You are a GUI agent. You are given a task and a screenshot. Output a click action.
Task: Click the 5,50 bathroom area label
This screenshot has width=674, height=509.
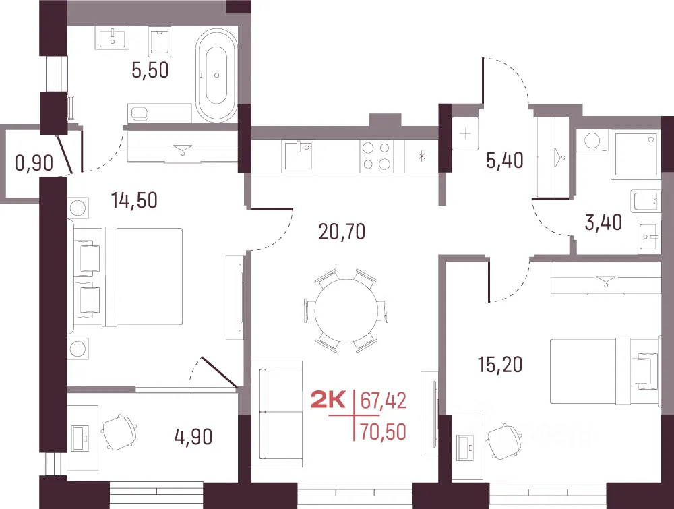150,70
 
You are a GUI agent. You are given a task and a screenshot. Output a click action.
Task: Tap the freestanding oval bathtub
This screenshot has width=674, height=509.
216,76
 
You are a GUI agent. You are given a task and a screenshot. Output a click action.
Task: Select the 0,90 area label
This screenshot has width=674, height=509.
34,163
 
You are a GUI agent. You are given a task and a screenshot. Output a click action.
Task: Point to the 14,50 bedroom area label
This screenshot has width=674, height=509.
134,200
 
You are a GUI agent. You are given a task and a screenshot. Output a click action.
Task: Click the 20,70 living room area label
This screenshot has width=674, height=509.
342,231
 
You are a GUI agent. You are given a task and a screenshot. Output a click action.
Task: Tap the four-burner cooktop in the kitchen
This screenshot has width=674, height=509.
376,156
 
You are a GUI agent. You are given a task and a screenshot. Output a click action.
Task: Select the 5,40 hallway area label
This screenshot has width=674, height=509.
505,160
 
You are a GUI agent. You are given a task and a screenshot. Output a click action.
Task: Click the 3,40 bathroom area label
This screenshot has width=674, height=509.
603,222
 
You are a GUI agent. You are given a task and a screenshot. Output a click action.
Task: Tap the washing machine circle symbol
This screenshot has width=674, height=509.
592,141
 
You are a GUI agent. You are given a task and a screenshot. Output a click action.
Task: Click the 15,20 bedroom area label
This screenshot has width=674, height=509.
500,365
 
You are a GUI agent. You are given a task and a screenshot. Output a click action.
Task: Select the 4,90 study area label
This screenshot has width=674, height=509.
193,437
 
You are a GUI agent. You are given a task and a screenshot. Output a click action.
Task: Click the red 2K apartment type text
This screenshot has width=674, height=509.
328,401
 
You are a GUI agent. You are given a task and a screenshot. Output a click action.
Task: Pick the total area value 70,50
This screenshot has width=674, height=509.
383,431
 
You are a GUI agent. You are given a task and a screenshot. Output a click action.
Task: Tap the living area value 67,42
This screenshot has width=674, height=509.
383,400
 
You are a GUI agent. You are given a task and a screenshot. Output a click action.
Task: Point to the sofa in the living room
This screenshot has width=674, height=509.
277,413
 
